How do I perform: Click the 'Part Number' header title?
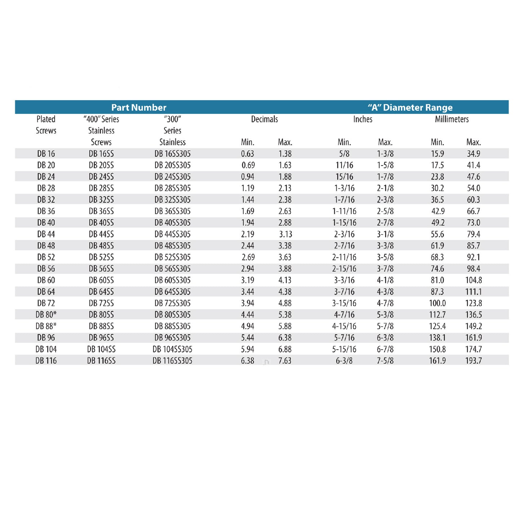[139, 107]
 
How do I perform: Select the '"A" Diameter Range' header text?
[410, 107]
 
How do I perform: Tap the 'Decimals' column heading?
[264, 119]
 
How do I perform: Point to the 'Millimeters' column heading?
[451, 119]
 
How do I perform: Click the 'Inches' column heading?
[363, 119]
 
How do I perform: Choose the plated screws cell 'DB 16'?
[46, 154]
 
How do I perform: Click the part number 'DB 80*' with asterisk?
[46, 315]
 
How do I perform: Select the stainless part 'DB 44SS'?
[101, 234]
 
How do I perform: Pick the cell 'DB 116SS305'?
[172, 361]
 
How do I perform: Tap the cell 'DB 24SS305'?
[172, 177]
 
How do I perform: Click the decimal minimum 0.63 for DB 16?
[248, 154]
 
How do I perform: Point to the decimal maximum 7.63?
[285, 361]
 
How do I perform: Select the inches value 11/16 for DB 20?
[344, 165]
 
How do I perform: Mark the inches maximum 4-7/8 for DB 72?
[385, 303]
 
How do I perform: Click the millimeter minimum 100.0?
[437, 303]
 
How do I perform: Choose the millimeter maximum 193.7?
[473, 361]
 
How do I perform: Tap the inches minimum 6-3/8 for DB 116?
[344, 361]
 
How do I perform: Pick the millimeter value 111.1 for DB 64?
[473, 292]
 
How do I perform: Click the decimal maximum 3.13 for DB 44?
[286, 234]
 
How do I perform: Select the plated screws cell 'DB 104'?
[46, 349]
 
